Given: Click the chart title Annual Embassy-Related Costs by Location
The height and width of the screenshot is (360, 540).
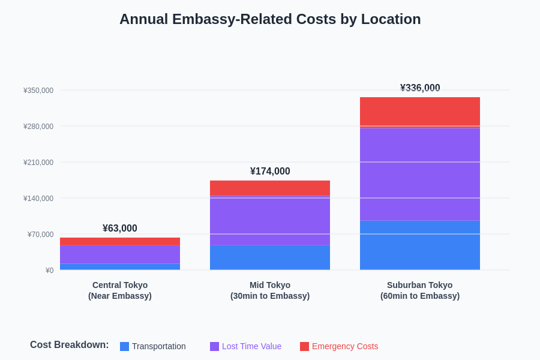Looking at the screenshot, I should pyautogui.click(x=270, y=19).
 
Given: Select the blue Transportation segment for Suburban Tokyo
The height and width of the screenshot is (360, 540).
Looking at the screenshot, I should pyautogui.click(x=420, y=245).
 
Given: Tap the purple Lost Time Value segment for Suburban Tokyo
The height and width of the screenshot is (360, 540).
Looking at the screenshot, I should pyautogui.click(x=420, y=174).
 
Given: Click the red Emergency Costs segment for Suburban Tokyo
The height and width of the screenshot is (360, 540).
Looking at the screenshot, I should pyautogui.click(x=420, y=112).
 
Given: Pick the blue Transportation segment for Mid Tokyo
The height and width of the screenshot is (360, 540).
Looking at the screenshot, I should pyautogui.click(x=270, y=257).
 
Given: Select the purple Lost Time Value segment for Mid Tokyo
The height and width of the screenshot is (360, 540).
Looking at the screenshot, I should pyautogui.click(x=270, y=220).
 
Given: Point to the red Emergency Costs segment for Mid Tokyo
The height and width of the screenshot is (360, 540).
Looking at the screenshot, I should pyautogui.click(x=270, y=188).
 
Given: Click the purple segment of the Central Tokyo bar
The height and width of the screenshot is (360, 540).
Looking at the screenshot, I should pyautogui.click(x=120, y=254).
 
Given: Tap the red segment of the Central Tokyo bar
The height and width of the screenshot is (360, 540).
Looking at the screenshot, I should pyautogui.click(x=120, y=241).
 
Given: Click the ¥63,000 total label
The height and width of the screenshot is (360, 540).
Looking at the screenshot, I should pyautogui.click(x=120, y=229).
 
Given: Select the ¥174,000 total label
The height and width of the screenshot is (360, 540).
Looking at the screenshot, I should pyautogui.click(x=270, y=172).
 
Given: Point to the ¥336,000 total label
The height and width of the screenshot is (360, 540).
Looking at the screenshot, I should pyautogui.click(x=420, y=88).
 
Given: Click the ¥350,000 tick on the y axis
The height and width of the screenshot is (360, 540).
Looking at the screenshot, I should pyautogui.click(x=38, y=91).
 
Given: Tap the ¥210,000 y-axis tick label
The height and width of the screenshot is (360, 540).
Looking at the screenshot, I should pyautogui.click(x=38, y=163).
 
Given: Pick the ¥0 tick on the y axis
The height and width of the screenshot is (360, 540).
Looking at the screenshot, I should pyautogui.click(x=49, y=271).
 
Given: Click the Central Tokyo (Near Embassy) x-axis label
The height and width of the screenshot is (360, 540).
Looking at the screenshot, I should pyautogui.click(x=120, y=290).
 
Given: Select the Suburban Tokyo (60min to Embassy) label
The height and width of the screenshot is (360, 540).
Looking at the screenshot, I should pyautogui.click(x=420, y=290).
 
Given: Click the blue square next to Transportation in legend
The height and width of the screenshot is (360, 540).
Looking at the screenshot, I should pyautogui.click(x=124, y=346).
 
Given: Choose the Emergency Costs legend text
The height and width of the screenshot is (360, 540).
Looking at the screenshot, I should pyautogui.click(x=345, y=346).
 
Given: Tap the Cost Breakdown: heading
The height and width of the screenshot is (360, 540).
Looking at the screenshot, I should pyautogui.click(x=70, y=345).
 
